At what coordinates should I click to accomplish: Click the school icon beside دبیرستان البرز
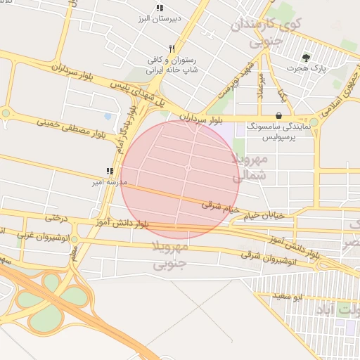pyautogui.click(x=160, y=8)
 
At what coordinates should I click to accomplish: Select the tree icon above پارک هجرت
pyautogui.click(x=305, y=58)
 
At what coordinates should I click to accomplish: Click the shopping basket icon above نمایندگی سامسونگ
pyautogui.click(x=279, y=115)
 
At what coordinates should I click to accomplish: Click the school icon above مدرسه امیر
pyautogui.click(x=109, y=171)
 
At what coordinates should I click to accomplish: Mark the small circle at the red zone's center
pyautogui.click(x=188, y=168)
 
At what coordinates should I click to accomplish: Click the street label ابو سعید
pyautogui.click(x=288, y=297)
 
